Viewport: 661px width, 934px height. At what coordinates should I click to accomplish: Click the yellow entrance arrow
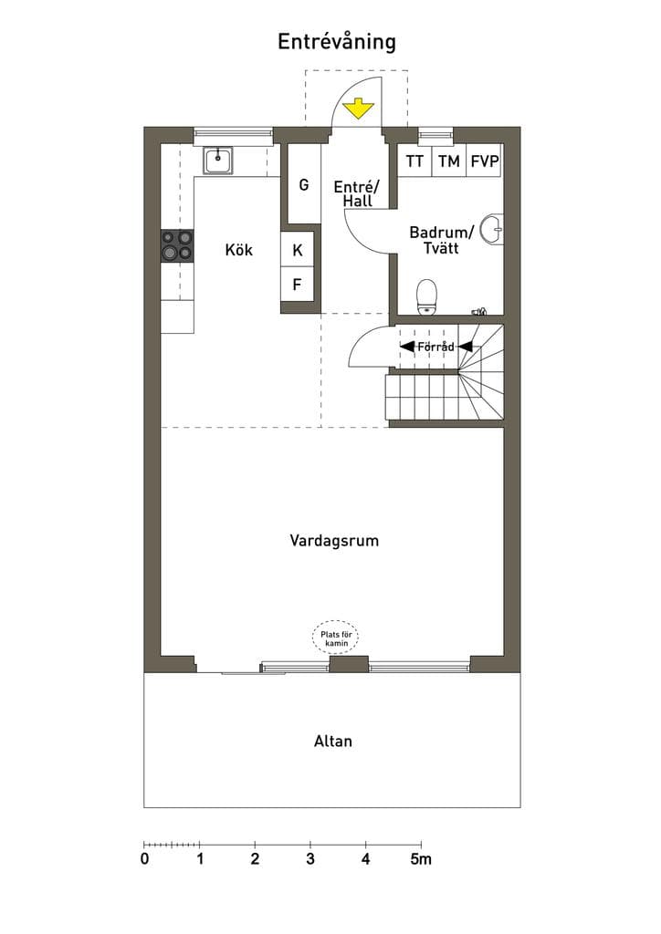pyautogui.click(x=358, y=109)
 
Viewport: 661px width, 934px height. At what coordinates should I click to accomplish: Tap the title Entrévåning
pyautogui.click(x=337, y=42)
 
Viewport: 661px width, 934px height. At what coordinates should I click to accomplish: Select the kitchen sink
pyautogui.click(x=218, y=161)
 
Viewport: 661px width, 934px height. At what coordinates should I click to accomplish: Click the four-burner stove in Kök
pyautogui.click(x=178, y=245)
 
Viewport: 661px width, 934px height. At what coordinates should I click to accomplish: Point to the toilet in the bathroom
pyautogui.click(x=426, y=297)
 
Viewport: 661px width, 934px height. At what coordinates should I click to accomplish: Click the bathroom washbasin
pyautogui.click(x=492, y=229)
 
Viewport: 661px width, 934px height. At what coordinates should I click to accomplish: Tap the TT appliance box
pyautogui.click(x=414, y=161)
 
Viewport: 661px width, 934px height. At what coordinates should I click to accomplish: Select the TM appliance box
pyautogui.click(x=449, y=161)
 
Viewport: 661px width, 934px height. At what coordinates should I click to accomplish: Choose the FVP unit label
pyautogui.click(x=485, y=161)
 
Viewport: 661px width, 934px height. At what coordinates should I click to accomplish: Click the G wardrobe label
pyautogui.click(x=304, y=184)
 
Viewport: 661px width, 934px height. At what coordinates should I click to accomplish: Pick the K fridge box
pyautogui.click(x=298, y=250)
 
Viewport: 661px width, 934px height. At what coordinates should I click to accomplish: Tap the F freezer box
pyautogui.click(x=298, y=285)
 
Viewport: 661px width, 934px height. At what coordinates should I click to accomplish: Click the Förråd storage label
pyautogui.click(x=435, y=347)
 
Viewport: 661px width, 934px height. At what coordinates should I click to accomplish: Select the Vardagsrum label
pyautogui.click(x=334, y=541)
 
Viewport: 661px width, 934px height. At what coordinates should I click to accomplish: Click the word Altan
pyautogui.click(x=333, y=741)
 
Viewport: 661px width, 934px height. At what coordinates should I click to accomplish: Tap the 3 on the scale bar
pyautogui.click(x=310, y=859)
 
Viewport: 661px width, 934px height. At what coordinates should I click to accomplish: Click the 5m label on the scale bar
pyautogui.click(x=421, y=859)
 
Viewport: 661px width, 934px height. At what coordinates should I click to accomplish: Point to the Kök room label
pyautogui.click(x=239, y=249)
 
